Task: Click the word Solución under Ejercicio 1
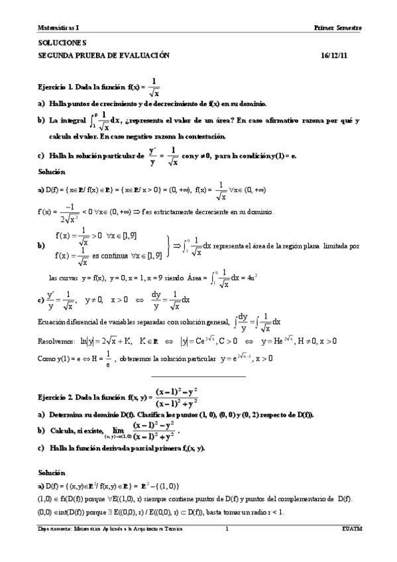(x=53, y=172)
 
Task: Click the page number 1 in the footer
(x=227, y=529)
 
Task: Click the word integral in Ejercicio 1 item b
(x=72, y=121)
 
